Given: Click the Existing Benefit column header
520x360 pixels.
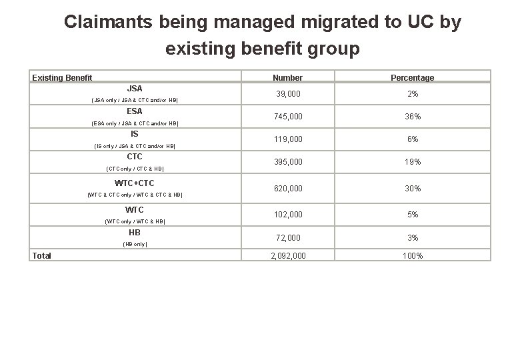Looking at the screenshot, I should click(62, 78).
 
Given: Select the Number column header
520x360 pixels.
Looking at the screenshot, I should click(287, 78).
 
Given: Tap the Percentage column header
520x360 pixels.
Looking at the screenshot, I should click(412, 78).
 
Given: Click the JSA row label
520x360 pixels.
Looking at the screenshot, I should click(135, 88).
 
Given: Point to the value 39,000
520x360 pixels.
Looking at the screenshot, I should click(287, 95).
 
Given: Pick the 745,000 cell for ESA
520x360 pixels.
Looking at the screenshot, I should click(287, 117).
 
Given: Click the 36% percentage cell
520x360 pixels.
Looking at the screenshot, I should click(413, 117).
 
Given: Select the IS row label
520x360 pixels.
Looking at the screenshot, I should click(135, 134).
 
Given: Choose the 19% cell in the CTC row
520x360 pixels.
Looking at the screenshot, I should click(413, 162).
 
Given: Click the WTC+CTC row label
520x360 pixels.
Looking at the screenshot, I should click(135, 182).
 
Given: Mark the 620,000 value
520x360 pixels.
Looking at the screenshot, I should click(287, 189).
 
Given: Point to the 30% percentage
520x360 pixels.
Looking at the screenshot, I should click(413, 189).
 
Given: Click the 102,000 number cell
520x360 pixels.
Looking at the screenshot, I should click(287, 215).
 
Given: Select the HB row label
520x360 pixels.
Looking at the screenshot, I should click(135, 233).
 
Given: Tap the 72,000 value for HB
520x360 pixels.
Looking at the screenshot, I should click(287, 238).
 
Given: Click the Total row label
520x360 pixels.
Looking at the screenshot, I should click(43, 255).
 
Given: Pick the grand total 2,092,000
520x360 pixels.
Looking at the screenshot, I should click(287, 255).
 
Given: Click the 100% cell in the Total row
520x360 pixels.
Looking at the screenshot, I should click(413, 255).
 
